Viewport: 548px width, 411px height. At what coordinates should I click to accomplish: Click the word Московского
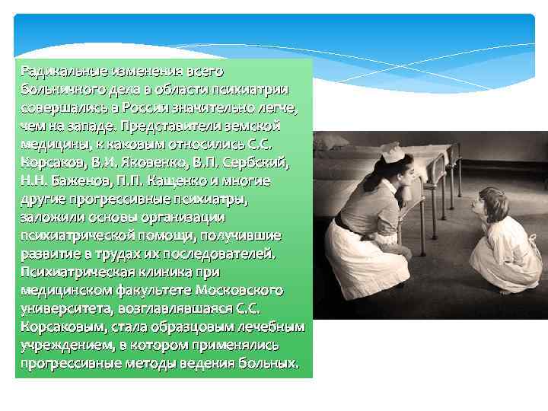coord(239,291)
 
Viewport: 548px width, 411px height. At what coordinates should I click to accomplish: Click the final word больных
coord(269,364)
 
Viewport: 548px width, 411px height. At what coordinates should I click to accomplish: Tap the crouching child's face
coord(482,202)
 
